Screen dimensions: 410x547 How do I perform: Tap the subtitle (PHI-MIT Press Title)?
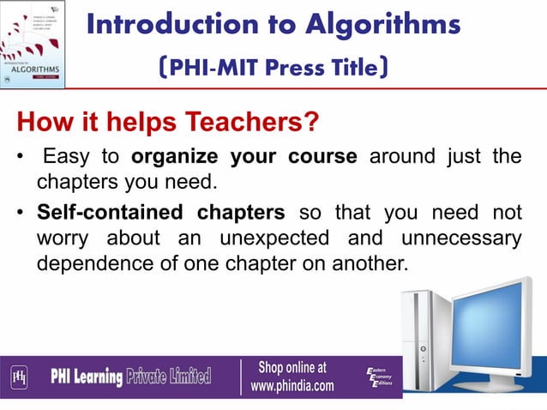coord(273,68)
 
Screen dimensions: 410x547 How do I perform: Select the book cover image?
coord(33,44)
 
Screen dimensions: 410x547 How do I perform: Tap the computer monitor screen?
coord(496,318)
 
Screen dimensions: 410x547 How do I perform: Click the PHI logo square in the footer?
coord(19,376)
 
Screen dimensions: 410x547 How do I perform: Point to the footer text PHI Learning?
coord(86,376)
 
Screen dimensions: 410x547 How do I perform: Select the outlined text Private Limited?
coord(169,376)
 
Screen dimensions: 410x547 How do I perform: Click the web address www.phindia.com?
coord(292,386)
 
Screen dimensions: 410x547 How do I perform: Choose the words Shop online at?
coord(292,367)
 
